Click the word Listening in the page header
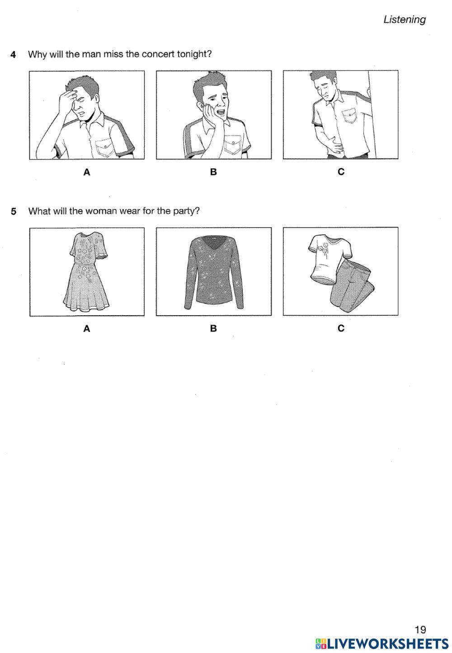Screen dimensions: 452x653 click(x=405, y=20)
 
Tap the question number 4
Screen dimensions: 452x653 click(x=13, y=55)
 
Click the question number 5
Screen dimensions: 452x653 click(x=14, y=211)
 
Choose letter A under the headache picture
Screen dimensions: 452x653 click(x=87, y=173)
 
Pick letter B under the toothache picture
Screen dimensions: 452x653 click(x=213, y=172)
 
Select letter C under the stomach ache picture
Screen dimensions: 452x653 click(x=341, y=172)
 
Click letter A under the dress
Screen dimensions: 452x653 click(x=87, y=329)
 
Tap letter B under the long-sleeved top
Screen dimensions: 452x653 click(x=213, y=329)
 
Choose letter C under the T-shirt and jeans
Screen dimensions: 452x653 click(x=341, y=329)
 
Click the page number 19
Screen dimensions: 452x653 click(x=420, y=630)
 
